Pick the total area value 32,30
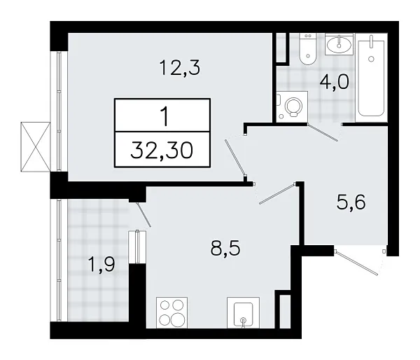tap(162, 149)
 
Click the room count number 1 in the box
tap(163, 116)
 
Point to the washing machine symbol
tap(291, 107)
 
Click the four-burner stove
tap(173, 312)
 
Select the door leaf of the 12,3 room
tap(234, 159)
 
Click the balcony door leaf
tap(139, 215)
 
